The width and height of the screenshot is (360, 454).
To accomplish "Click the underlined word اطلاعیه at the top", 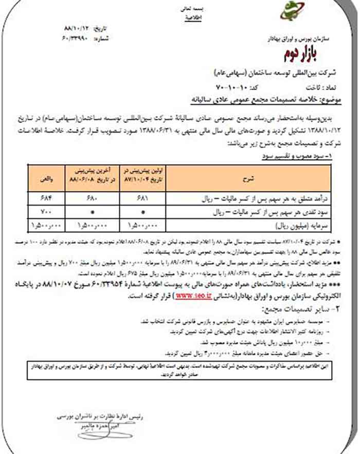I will coord(191,17).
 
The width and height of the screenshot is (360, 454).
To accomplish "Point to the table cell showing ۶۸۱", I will coord(139,197).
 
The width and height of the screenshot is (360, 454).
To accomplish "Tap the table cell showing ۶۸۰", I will coord(87,197).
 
